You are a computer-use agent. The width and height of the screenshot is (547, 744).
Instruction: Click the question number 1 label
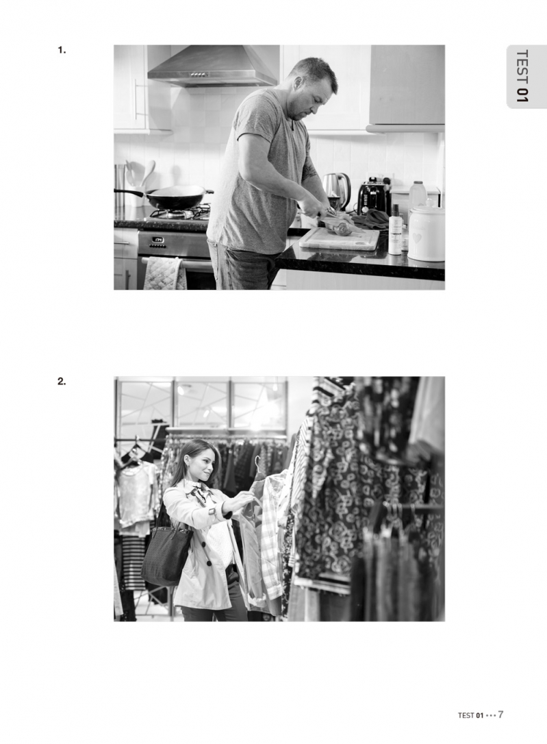[x=62, y=50]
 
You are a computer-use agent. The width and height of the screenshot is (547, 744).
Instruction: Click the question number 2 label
[x=62, y=381]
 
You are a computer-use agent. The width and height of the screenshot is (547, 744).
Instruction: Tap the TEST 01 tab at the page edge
[x=522, y=76]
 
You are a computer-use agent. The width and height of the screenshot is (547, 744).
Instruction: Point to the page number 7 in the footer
[x=500, y=715]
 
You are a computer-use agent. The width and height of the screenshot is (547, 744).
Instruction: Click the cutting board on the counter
[x=339, y=239]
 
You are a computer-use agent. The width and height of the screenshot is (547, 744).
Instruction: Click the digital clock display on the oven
[x=158, y=240]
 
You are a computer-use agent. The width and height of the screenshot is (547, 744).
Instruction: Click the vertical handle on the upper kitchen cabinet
[x=136, y=99]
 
